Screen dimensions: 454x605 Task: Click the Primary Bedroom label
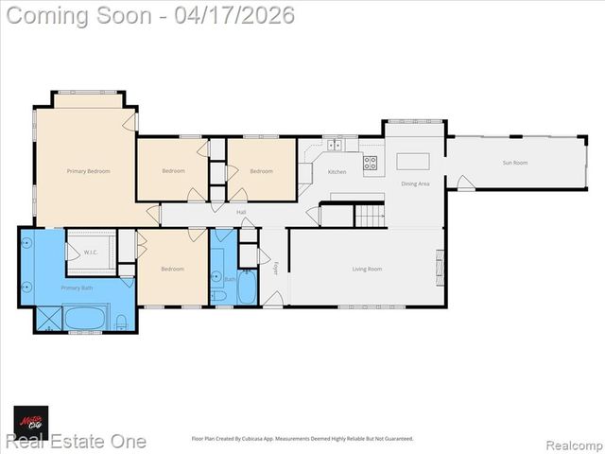pos(88,171)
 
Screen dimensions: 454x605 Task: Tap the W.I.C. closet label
pos(91,253)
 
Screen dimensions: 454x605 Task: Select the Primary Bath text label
pos(77,287)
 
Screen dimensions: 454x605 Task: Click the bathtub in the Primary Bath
pos(87,317)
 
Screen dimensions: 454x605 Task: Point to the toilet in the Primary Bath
pos(121,322)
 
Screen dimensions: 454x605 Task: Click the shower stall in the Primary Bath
pos(48,318)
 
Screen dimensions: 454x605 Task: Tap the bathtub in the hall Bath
pos(247,287)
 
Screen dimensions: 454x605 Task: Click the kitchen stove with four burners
pos(370,163)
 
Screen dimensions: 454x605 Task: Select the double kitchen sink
pos(335,146)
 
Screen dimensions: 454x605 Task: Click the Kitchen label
pos(337,172)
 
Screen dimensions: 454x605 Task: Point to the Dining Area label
pos(415,183)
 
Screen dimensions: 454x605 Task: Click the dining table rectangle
pos(412,161)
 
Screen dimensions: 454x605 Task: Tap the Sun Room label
pos(514,163)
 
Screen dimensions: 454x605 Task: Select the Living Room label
pos(367,270)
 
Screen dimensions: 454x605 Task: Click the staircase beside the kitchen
pos(370,216)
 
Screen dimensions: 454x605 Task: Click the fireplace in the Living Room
pos(439,267)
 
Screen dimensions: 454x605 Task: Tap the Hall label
pos(241,212)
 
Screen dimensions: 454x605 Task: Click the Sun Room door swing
pos(465,183)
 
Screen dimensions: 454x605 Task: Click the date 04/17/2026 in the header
pos(233,15)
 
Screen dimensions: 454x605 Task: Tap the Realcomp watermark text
pos(572,442)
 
